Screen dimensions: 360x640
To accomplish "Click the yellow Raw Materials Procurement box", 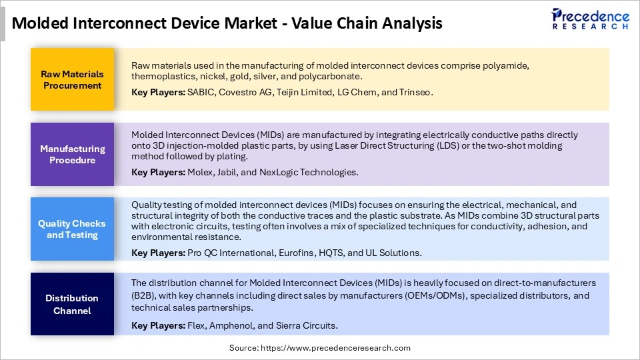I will coord(72,79).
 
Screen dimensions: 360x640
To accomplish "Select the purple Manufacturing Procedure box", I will coord(72,154).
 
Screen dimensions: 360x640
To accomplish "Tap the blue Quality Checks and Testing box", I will coord(72,229).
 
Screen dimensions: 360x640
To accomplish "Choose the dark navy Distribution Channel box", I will coord(72,304).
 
